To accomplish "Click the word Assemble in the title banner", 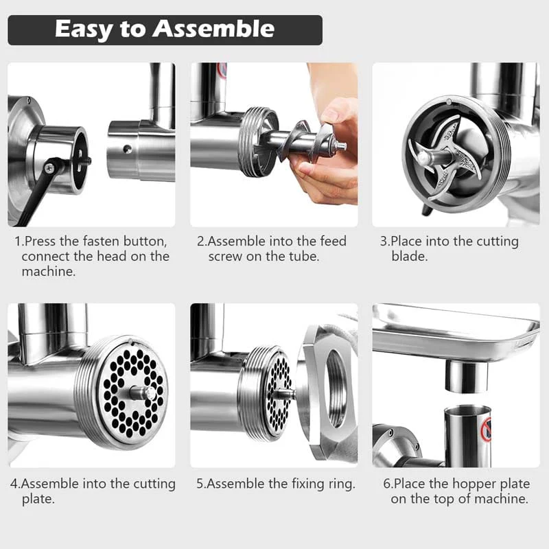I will [x=214, y=30].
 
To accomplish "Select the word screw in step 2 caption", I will [x=227, y=257].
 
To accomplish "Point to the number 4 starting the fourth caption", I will [x=13, y=484].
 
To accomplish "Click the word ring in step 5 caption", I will [x=342, y=484].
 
